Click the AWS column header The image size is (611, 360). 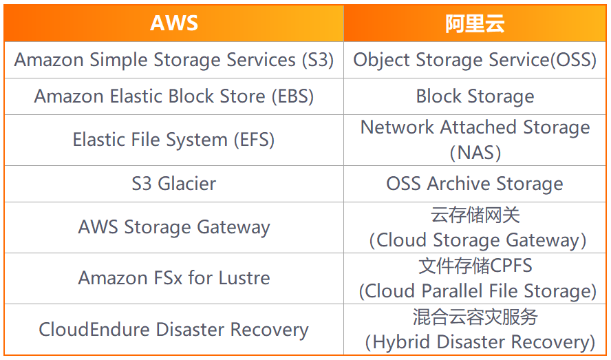pos(174,23)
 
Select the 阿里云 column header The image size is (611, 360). pos(475,23)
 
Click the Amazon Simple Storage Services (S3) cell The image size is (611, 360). pos(174,60)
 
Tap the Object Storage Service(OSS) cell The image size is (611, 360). pos(475,60)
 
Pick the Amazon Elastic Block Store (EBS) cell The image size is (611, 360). pos(174,96)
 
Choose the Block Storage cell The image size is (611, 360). pos(475,96)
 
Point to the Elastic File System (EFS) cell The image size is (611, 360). pos(174,140)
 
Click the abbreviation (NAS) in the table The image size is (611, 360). pos(475,152)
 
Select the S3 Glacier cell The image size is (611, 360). pos(174,184)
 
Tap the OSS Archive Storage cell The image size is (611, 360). pos(475,184)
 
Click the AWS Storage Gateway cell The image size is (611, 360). pos(174,227)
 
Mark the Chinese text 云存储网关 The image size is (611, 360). pos(475,215)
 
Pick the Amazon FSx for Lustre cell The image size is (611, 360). pos(174,278)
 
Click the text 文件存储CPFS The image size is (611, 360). pos(475,266)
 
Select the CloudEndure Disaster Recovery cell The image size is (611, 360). pos(174,329)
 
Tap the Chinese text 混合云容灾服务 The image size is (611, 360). pos(475,317)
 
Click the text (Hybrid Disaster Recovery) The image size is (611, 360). pos(479,342)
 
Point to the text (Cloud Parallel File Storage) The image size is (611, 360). pos(478,291)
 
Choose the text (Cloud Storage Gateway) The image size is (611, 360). pos(478,240)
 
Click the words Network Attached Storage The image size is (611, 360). pos(475,127)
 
